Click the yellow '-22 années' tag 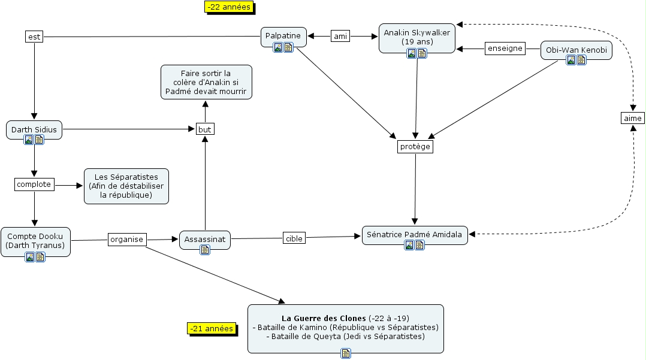(x=229, y=7)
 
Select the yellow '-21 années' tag (x=211, y=328)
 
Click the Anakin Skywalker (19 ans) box (x=416, y=37)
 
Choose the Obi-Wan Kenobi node (x=576, y=50)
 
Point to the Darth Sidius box (x=34, y=129)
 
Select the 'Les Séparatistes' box (x=126, y=186)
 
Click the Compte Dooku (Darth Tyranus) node (x=35, y=241)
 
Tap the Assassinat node (x=205, y=239)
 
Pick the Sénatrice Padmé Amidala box (x=415, y=235)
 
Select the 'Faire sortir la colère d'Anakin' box (x=206, y=83)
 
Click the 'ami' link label (x=340, y=37)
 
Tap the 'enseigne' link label (x=505, y=49)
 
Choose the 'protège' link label (x=415, y=147)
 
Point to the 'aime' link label (x=632, y=118)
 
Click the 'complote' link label (x=34, y=184)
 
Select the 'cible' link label (x=294, y=238)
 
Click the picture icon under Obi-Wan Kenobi (x=571, y=60)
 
